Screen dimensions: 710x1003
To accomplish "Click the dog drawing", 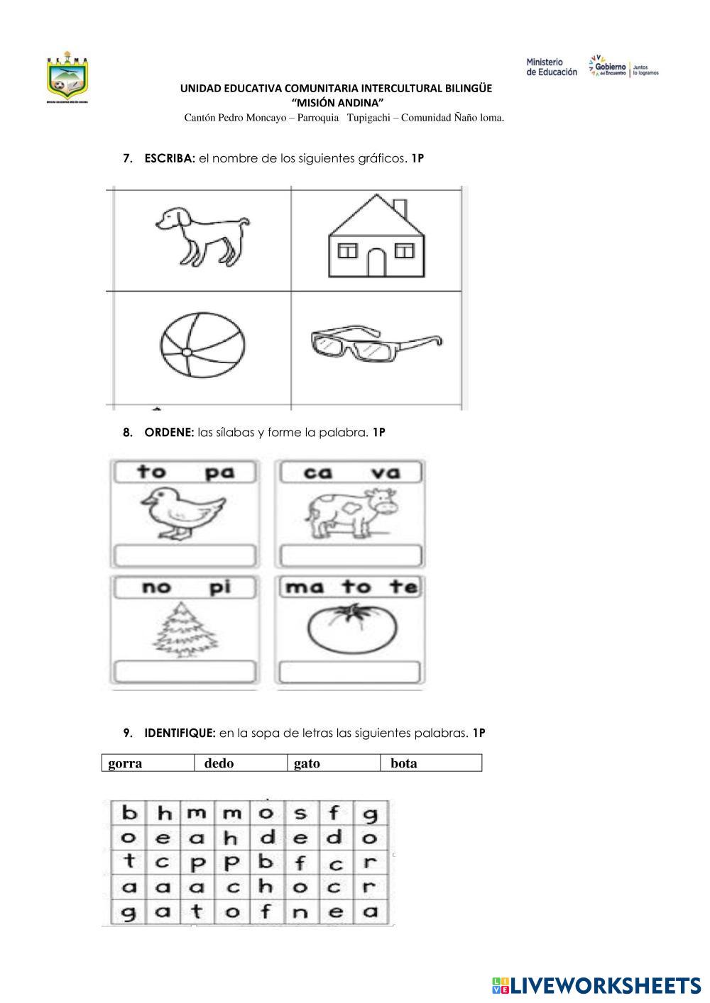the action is point(201,236).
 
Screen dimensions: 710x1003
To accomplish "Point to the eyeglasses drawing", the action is point(375,344).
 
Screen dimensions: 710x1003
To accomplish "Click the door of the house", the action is point(376,263).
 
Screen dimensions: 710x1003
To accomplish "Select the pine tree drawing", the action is point(183,628).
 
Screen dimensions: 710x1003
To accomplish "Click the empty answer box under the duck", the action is point(184,555).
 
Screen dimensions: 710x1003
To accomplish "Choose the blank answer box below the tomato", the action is point(350,671).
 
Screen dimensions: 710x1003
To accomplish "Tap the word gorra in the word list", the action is point(126,763).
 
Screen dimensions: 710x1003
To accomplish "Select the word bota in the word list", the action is point(404,763).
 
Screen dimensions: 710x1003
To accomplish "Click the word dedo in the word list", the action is point(219,763).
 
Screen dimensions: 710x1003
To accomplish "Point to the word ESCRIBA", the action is point(169,159).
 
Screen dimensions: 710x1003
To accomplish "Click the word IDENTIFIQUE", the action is point(180,733).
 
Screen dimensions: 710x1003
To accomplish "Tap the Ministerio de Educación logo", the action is point(552,67).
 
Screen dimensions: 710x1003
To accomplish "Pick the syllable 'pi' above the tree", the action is point(220,587).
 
